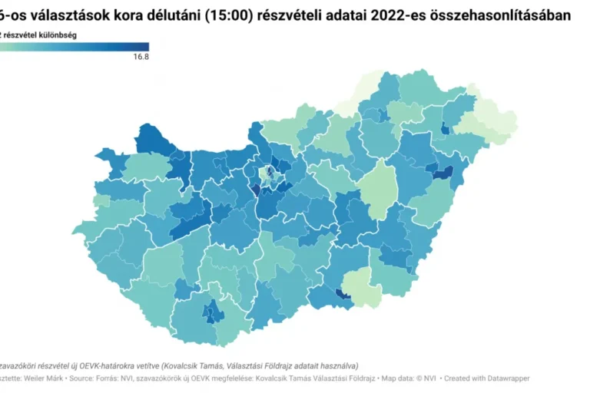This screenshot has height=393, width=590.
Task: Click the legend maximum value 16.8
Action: point(141,57)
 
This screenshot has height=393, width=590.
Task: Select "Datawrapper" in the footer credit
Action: point(508,378)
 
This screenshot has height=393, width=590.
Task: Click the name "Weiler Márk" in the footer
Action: point(47,378)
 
